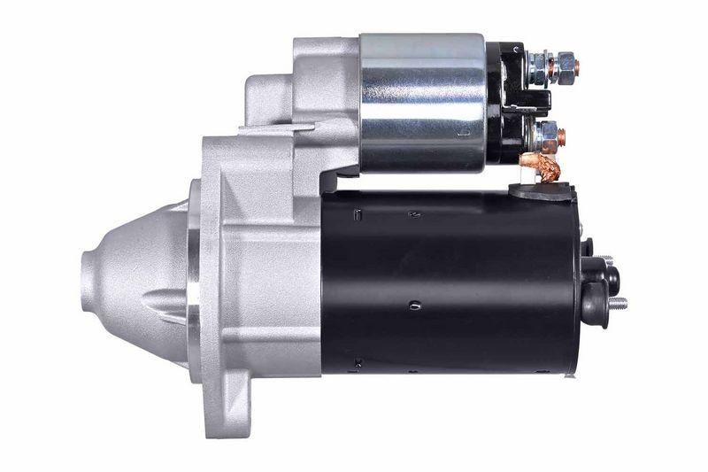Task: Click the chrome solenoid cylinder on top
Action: [422, 102]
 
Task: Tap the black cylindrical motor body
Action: [451, 283]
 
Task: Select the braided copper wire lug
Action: [541, 166]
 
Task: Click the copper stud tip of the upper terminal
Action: [576, 66]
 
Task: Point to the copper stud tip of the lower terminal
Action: [561, 137]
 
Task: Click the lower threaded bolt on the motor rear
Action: [617, 304]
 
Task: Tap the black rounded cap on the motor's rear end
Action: [595, 292]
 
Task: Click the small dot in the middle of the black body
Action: [414, 306]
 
